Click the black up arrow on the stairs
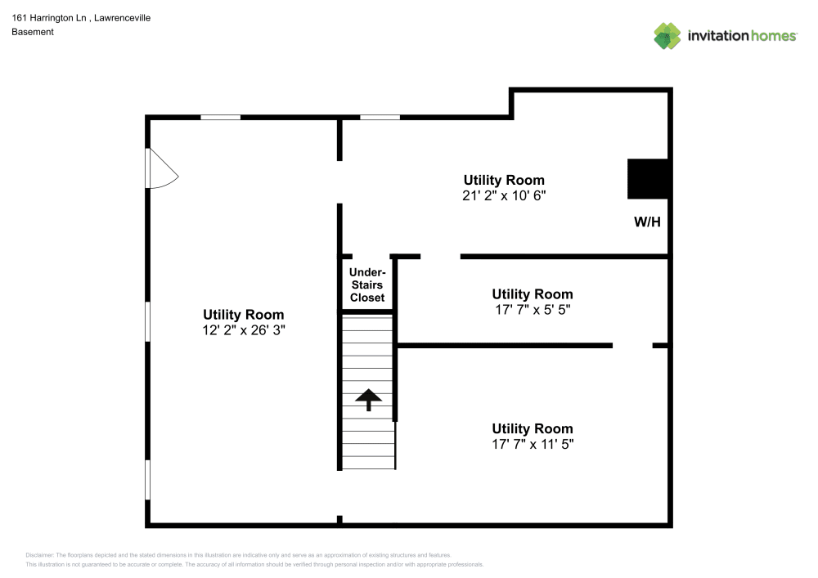pos(369,400)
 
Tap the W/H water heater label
pos(647,222)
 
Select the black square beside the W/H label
pos(649,179)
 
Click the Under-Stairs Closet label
pos(367,285)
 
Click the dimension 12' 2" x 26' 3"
pos(244,330)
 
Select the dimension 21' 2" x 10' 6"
pos(503,196)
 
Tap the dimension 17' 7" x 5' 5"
pos(532,310)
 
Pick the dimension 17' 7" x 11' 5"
pos(532,445)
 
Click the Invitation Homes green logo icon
pos(667,35)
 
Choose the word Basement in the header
pos(33,32)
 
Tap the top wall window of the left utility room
pos(221,117)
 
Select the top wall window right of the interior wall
pos(380,117)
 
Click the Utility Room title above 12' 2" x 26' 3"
pos(244,315)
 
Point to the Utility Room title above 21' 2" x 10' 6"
pos(503,180)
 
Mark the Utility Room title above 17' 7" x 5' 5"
pos(532,294)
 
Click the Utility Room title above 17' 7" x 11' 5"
pos(532,428)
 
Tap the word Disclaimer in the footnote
pos(39,554)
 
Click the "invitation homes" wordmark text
pos(742,36)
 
